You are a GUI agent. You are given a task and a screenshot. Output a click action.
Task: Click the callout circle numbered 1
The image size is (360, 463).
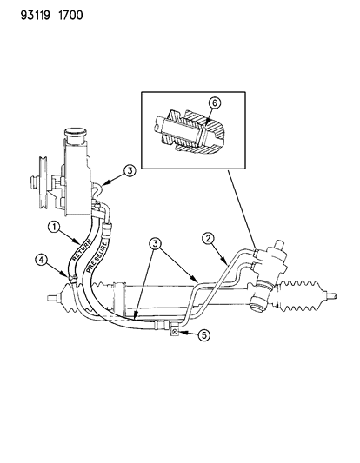click(x=54, y=228)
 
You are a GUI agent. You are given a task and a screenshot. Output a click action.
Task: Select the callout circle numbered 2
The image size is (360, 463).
click(x=209, y=239)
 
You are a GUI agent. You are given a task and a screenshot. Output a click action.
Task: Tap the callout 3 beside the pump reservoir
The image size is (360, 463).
click(x=130, y=170)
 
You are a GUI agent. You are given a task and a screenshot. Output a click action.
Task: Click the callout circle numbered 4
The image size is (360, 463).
click(x=41, y=260)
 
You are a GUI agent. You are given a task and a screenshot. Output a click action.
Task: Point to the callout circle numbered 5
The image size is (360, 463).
click(x=204, y=334)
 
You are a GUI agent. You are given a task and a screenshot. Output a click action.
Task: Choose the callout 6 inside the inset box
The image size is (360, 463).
click(x=215, y=103)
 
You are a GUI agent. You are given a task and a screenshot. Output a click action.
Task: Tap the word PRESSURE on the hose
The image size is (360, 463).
click(x=97, y=257)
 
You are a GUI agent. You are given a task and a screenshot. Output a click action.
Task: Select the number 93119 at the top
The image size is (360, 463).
click(x=35, y=15)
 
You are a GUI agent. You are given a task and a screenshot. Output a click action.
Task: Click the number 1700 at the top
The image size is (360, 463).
click(x=70, y=15)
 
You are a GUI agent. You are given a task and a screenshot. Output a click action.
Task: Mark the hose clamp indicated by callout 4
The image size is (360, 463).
click(x=72, y=278)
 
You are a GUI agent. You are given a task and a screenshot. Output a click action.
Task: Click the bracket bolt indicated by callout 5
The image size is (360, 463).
click(x=175, y=333)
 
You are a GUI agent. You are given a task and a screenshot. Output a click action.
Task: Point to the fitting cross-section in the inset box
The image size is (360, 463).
click(x=190, y=131)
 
